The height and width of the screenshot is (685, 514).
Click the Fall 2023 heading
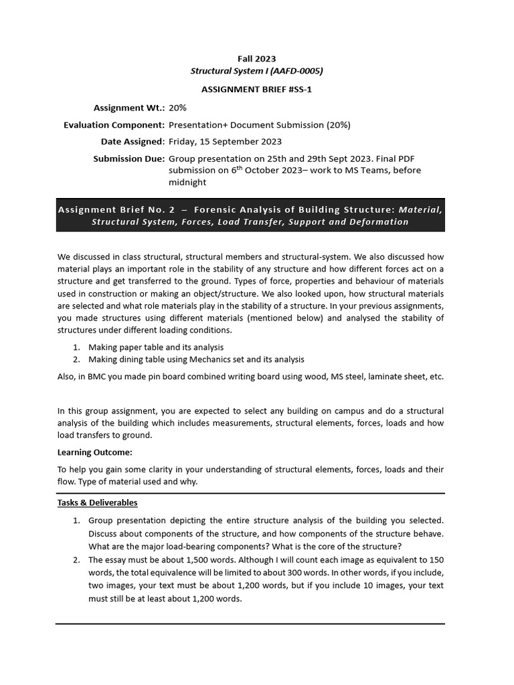pyautogui.click(x=256, y=59)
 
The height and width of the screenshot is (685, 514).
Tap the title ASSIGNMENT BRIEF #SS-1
pyautogui.click(x=256, y=89)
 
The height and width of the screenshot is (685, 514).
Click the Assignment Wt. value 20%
pyautogui.click(x=178, y=107)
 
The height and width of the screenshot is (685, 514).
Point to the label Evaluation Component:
pyautogui.click(x=114, y=124)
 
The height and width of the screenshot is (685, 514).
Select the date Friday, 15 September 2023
pyautogui.click(x=225, y=141)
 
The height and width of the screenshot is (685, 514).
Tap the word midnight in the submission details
pyautogui.click(x=188, y=182)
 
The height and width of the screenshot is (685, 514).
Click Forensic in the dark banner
pyautogui.click(x=219, y=209)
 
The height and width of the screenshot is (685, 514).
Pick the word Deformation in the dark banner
pyautogui.click(x=379, y=221)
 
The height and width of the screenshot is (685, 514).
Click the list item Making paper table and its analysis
pyautogui.click(x=156, y=347)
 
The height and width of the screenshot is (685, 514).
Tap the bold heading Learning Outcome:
pyautogui.click(x=94, y=452)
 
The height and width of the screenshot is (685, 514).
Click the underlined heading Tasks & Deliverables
pyautogui.click(x=97, y=502)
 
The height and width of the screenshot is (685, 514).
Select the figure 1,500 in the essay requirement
pyautogui.click(x=201, y=560)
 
